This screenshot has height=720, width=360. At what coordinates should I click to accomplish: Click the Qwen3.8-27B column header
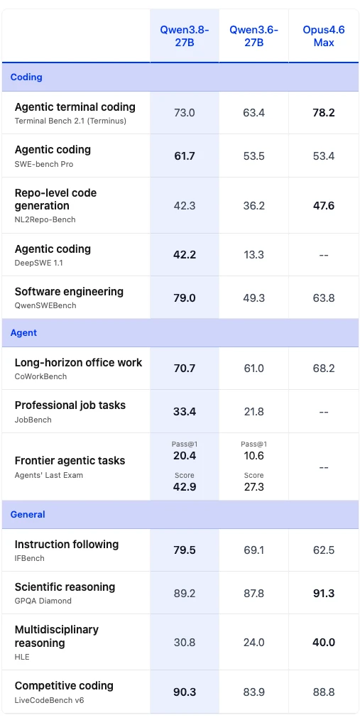click(x=185, y=36)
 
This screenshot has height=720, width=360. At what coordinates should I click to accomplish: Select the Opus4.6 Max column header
click(x=324, y=36)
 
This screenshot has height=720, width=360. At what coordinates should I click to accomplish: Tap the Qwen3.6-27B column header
click(x=254, y=36)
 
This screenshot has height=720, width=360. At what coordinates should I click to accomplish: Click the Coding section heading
click(x=26, y=77)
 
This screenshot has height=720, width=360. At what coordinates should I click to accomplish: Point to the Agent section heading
click(x=23, y=332)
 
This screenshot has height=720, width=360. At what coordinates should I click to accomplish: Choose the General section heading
click(x=28, y=514)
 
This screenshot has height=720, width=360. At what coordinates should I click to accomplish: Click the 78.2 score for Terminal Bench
click(x=324, y=113)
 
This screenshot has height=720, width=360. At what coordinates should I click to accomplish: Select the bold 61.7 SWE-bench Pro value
click(x=185, y=156)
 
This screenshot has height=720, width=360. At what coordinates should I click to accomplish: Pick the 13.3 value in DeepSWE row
click(x=254, y=255)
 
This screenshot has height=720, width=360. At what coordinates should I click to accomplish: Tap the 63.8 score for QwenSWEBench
click(x=324, y=298)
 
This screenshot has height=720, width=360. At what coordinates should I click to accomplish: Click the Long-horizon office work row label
click(x=79, y=362)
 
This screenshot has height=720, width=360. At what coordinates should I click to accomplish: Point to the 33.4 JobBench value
click(x=185, y=411)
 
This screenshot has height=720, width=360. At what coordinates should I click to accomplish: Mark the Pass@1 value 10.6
click(x=254, y=456)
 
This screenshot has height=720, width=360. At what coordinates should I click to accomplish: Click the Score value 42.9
click(x=185, y=486)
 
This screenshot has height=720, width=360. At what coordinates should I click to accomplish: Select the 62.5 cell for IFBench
click(x=324, y=550)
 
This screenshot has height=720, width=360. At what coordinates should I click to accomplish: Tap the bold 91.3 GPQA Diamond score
click(x=324, y=594)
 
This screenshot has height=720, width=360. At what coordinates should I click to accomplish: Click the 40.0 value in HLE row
click(x=324, y=643)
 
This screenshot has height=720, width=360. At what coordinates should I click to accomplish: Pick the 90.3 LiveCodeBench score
click(x=185, y=692)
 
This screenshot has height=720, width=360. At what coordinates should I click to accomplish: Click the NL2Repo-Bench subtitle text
click(x=45, y=219)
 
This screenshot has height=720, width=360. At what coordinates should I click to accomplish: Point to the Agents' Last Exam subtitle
click(x=49, y=475)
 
